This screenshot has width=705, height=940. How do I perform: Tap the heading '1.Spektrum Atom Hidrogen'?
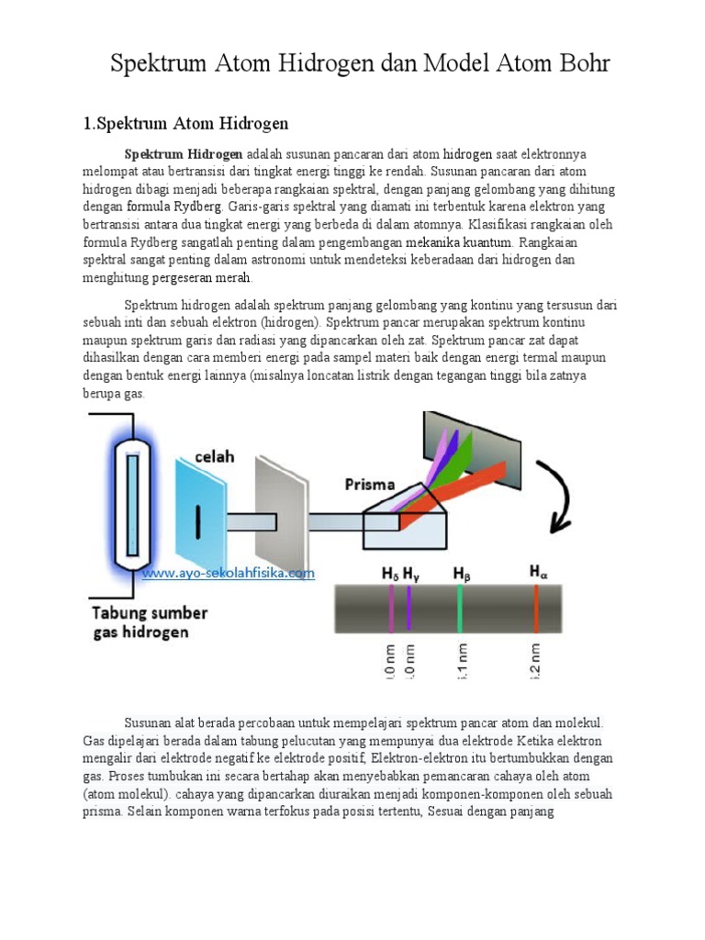point(186,123)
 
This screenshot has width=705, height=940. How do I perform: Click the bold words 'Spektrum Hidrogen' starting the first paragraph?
point(184,153)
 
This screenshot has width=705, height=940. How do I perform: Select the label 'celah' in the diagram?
point(214,456)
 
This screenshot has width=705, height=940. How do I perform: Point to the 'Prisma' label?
point(370,484)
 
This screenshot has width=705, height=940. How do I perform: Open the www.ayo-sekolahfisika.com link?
point(229,573)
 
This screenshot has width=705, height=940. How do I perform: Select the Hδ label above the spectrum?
point(390,574)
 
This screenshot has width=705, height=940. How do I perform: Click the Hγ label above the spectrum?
point(411,574)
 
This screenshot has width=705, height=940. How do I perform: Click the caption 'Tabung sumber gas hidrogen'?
point(148,622)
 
